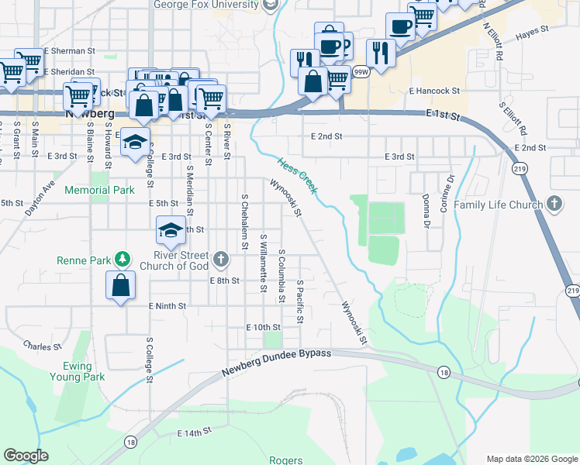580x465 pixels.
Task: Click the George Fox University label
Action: pyautogui.click(x=205, y=5)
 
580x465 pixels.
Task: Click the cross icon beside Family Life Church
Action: pyautogui.click(x=554, y=204)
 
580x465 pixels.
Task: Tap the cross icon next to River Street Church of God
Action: pyautogui.click(x=221, y=258)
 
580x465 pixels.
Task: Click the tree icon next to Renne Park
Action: pyautogui.click(x=122, y=258)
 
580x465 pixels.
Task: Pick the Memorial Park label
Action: pyautogui.click(x=99, y=190)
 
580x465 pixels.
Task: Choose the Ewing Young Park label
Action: pyautogui.click(x=83, y=370)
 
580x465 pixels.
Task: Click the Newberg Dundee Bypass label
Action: pyautogui.click(x=276, y=363)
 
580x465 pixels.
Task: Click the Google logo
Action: pyautogui.click(x=26, y=455)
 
